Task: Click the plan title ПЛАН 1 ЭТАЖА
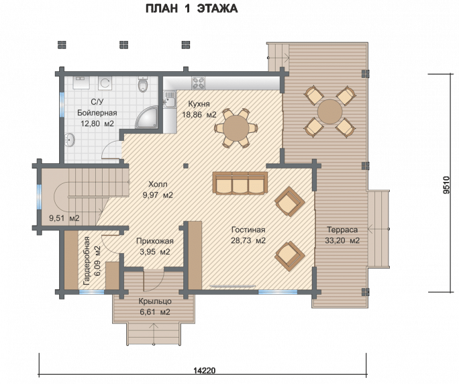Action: pyautogui.click(x=191, y=9)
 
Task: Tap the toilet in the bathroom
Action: pyautogui.click(x=143, y=85)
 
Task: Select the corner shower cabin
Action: pyautogui.click(x=146, y=117)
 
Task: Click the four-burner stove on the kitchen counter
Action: pyautogui.click(x=198, y=83)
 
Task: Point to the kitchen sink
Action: pyautogui.click(x=170, y=99)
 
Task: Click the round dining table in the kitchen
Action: pyautogui.click(x=236, y=128)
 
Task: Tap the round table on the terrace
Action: pyautogui.click(x=330, y=111)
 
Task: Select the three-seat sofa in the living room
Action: pyautogui.click(x=240, y=183)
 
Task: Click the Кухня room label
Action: pyautogui.click(x=199, y=104)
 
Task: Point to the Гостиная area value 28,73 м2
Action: pyautogui.click(x=248, y=240)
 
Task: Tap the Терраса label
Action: pyautogui.click(x=342, y=230)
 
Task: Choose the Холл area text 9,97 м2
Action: pyautogui.click(x=158, y=195)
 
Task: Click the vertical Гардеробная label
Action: pyautogui.click(x=87, y=260)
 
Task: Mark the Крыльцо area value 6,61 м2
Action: pyautogui.click(x=155, y=312)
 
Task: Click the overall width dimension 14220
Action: pyautogui.click(x=204, y=371)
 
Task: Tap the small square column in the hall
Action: pyautogui.click(x=186, y=166)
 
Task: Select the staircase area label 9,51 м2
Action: pyautogui.click(x=64, y=218)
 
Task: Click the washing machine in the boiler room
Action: pyautogui.click(x=105, y=83)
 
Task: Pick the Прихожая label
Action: pyautogui.click(x=155, y=241)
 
